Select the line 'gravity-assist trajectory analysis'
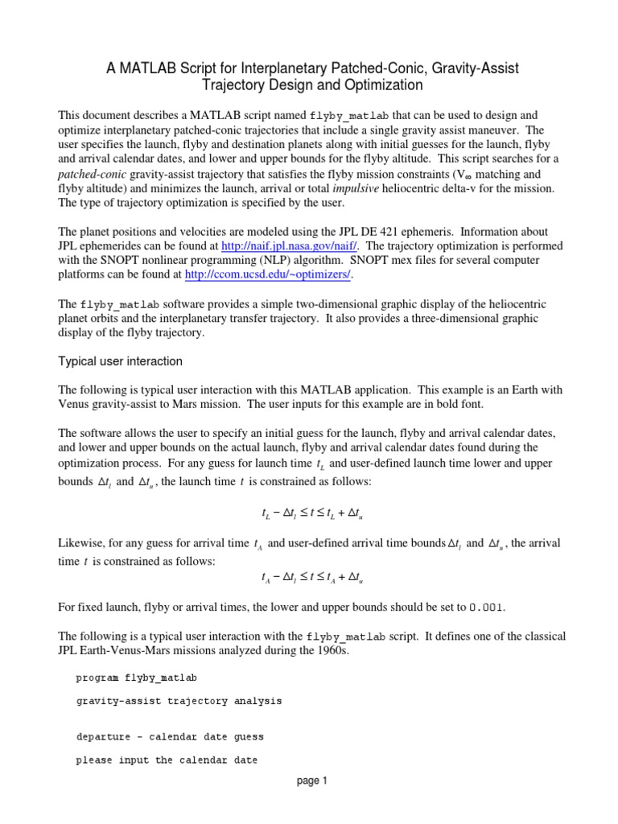pyautogui.click(x=179, y=701)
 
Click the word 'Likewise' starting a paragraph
pyautogui.click(x=82, y=543)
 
